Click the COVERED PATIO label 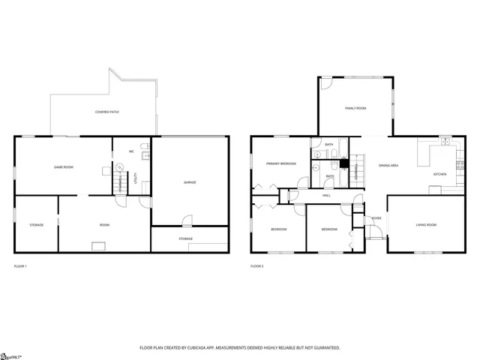point(106,112)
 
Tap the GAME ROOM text point(62,166)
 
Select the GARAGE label point(190,182)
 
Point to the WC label point(131,151)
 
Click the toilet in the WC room point(145,156)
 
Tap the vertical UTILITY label point(135,178)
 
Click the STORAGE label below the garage point(185,238)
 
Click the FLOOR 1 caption point(21,266)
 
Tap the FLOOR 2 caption point(257,266)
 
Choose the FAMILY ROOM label point(355,109)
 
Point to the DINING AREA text point(388,165)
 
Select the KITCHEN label point(439,174)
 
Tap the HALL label point(326,195)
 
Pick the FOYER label point(376,218)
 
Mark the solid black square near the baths point(344,163)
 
